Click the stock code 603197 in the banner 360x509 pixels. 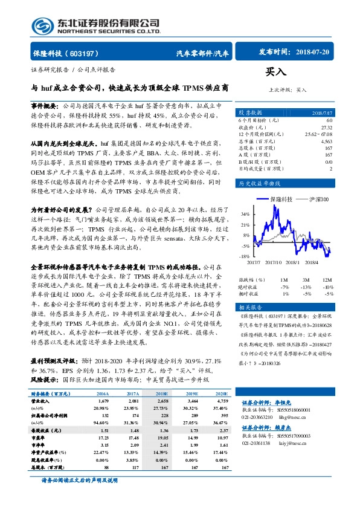[84, 53]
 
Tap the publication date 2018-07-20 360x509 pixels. [311, 53]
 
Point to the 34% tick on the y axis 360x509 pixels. [244, 214]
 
